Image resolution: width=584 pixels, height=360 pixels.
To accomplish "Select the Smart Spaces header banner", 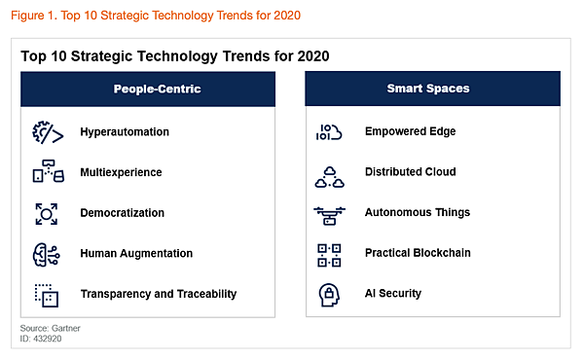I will [433, 89].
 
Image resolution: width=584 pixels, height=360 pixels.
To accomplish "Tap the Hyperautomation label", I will [125, 131].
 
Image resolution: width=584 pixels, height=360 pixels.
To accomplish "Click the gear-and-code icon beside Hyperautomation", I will [47, 132].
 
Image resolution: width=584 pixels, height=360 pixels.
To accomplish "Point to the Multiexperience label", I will [122, 172].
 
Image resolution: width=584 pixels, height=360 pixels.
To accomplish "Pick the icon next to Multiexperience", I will [47, 173].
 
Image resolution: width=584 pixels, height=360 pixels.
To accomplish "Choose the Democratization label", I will [123, 213].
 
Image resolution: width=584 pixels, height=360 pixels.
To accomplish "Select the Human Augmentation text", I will [136, 253].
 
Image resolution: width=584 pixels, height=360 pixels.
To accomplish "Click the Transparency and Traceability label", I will [159, 294].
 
